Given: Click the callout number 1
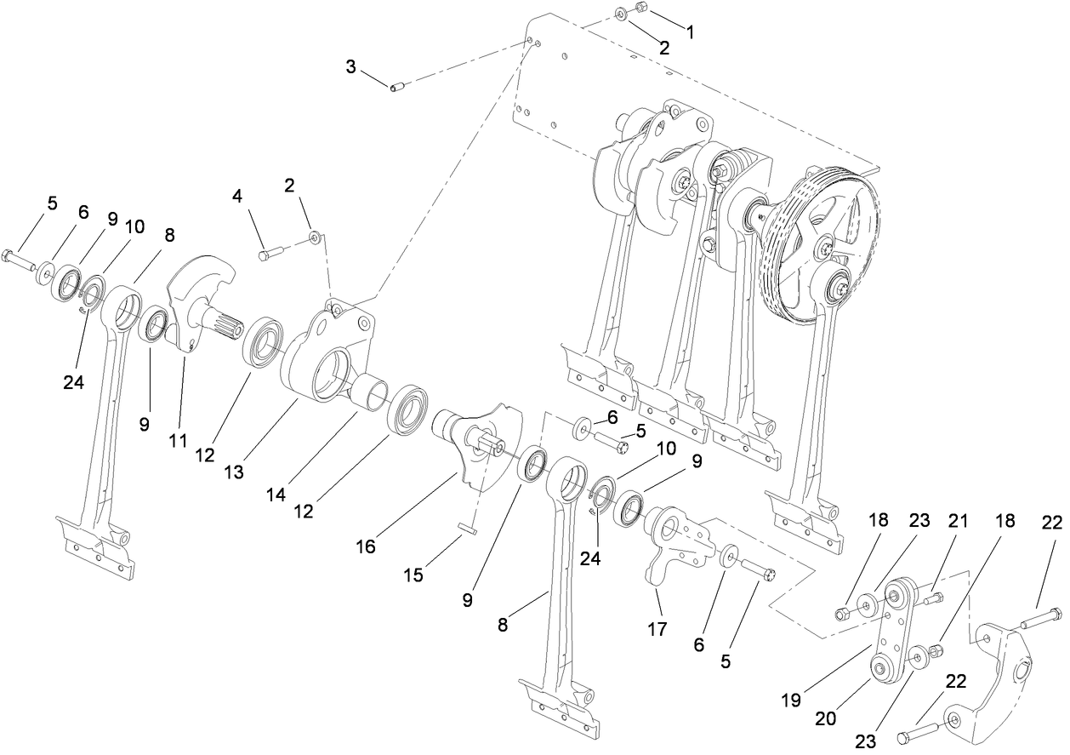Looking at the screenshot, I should (x=690, y=32).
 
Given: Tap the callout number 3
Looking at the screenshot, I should (x=351, y=66).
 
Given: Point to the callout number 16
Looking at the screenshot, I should (x=365, y=546).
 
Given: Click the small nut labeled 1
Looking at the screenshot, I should (x=642, y=9).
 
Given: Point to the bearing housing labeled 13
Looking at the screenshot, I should (x=327, y=357).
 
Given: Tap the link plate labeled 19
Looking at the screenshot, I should (x=893, y=630).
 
